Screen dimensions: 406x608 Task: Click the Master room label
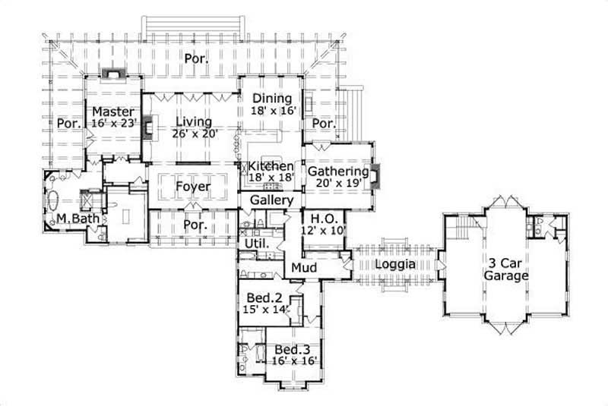click(113, 112)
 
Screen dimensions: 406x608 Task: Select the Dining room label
click(272, 98)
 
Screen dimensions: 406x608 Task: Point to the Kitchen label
click(271, 166)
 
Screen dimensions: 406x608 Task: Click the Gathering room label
click(337, 172)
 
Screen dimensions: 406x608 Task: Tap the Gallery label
click(271, 200)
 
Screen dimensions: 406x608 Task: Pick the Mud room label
click(304, 269)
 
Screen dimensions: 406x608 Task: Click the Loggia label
click(394, 264)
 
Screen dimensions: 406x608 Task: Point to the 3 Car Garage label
click(507, 270)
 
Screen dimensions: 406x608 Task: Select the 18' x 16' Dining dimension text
click(271, 110)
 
